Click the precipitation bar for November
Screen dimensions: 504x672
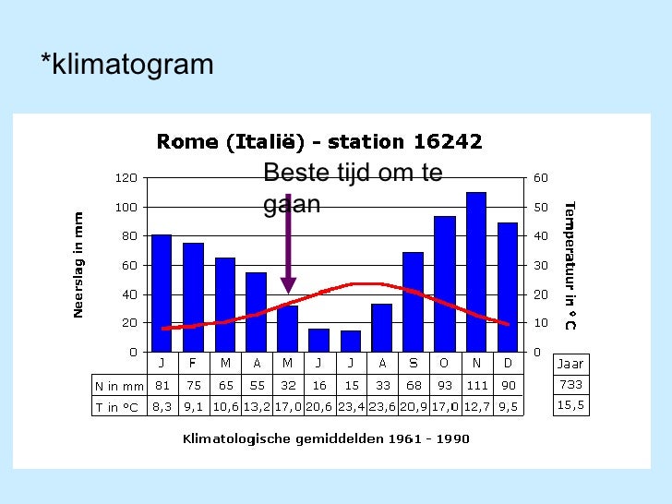pyautogui.click(x=475, y=272)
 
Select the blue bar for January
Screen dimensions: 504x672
pyautogui.click(x=162, y=294)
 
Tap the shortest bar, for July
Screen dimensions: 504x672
pyautogui.click(x=351, y=341)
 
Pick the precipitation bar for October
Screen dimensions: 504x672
pyautogui.click(x=444, y=284)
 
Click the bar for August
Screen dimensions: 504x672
pyautogui.click(x=381, y=328)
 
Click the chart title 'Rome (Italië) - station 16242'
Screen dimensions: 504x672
pyautogui.click(x=319, y=141)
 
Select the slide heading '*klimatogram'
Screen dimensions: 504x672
pyautogui.click(x=127, y=65)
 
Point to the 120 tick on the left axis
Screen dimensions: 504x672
pyautogui.click(x=126, y=177)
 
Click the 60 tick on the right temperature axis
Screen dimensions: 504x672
pyautogui.click(x=540, y=177)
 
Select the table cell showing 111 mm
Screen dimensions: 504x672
pyautogui.click(x=475, y=384)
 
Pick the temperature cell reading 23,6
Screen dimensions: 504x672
pyautogui.click(x=381, y=406)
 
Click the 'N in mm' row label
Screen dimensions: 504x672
pyautogui.click(x=120, y=384)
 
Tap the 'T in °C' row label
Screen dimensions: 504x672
pyautogui.click(x=120, y=406)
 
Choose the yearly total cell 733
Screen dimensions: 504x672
pyautogui.click(x=570, y=384)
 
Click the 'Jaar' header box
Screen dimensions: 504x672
pyautogui.click(x=570, y=364)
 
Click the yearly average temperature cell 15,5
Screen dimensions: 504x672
pyautogui.click(x=570, y=405)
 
